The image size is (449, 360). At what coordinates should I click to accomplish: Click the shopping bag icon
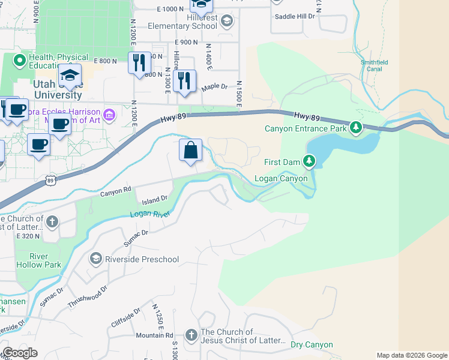[191, 151]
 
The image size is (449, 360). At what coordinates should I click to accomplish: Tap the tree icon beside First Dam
[309, 161]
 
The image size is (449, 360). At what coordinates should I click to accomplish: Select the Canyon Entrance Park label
[306, 128]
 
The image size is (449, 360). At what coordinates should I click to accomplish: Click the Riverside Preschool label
[142, 259]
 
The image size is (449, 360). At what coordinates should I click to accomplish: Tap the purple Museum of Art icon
[109, 114]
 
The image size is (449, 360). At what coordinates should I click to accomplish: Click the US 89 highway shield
[51, 179]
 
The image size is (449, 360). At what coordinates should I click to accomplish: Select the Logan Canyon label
[281, 178]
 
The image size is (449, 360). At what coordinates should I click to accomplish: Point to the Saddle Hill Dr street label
[294, 16]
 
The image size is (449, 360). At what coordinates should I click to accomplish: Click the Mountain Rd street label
[154, 335]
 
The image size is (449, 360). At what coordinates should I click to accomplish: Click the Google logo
[20, 353]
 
